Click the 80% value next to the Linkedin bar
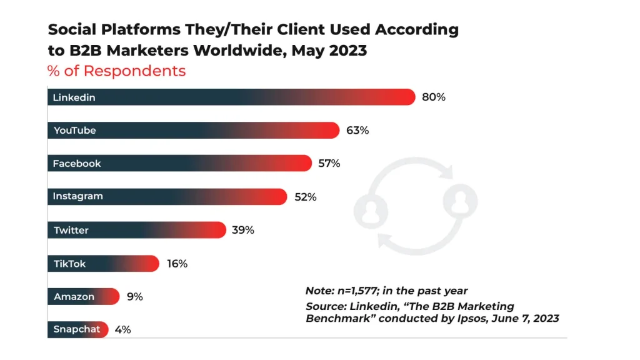pyautogui.click(x=433, y=97)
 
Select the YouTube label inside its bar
pyautogui.click(x=74, y=131)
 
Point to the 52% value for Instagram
pyautogui.click(x=306, y=197)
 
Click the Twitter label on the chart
pyautogui.click(x=71, y=231)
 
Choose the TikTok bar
pyautogui.click(x=103, y=264)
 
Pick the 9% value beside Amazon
pyautogui.click(x=134, y=297)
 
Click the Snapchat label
pyautogui.click(x=77, y=329)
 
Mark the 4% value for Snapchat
pyautogui.click(x=123, y=330)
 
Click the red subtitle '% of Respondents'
pyautogui.click(x=117, y=71)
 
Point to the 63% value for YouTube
pyautogui.click(x=357, y=131)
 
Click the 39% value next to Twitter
pyautogui.click(x=242, y=231)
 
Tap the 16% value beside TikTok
pyautogui.click(x=177, y=264)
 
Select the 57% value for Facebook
pyautogui.click(x=329, y=164)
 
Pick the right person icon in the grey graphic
pyautogui.click(x=459, y=201)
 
